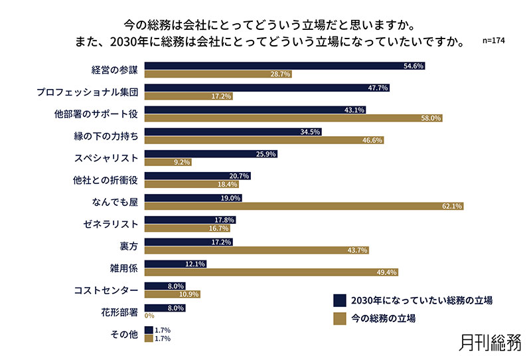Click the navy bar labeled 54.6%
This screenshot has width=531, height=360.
click(x=284, y=66)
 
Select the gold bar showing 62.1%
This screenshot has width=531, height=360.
click(x=303, y=206)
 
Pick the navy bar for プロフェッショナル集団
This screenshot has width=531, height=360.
click(x=266, y=88)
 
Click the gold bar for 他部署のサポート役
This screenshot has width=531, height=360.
click(x=293, y=118)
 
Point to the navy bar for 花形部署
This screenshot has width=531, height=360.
click(x=165, y=308)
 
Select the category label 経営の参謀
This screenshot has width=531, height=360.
click(x=114, y=70)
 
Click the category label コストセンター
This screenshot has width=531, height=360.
click(x=106, y=290)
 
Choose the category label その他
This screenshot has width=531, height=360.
click(x=124, y=333)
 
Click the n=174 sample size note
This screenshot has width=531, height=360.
click(x=495, y=41)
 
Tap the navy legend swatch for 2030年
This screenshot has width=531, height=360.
click(x=340, y=300)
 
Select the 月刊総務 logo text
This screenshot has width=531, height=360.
click(x=490, y=341)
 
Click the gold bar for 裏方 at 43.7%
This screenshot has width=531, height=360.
click(x=256, y=250)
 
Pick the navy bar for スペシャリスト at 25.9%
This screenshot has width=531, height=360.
click(x=210, y=153)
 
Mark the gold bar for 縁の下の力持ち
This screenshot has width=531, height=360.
click(x=264, y=140)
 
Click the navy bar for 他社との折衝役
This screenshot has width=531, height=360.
click(x=197, y=175)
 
